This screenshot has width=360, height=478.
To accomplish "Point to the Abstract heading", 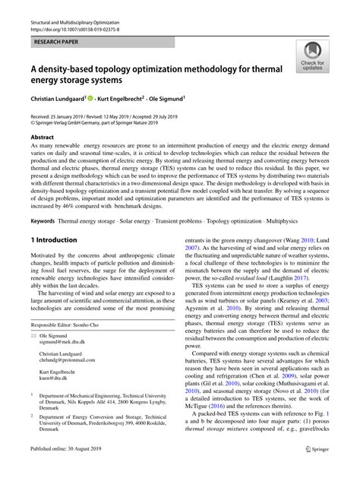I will [x=43, y=138].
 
